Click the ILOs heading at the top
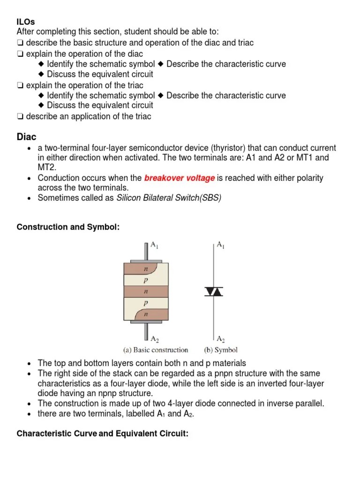pyautogui.click(x=26, y=22)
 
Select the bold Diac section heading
pyautogui.click(x=26, y=136)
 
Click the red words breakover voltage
pyautogui.click(x=180, y=178)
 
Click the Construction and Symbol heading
pyautogui.click(x=68, y=227)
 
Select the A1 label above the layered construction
pyautogui.click(x=154, y=245)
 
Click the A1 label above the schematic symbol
pyautogui.click(x=220, y=245)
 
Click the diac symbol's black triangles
pyautogui.click(x=214, y=292)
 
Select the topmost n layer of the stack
pyautogui.click(x=145, y=269)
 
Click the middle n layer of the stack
pyautogui.click(x=145, y=291)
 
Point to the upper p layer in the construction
pyautogui.click(x=145, y=280)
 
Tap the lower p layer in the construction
pyautogui.click(x=145, y=303)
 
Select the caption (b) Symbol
pyautogui.click(x=220, y=350)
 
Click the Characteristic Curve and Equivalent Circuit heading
pyautogui.click(x=102, y=434)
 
